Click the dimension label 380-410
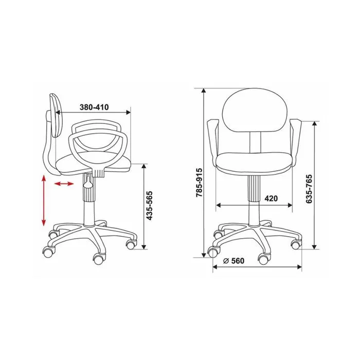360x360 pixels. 94,107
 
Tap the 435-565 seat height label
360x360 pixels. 150,206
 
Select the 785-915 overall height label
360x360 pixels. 199,183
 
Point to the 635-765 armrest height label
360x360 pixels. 309,189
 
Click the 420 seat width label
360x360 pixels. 271,198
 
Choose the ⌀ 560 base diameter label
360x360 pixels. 233,261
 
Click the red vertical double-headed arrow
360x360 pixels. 43,200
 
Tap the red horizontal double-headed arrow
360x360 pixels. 64,184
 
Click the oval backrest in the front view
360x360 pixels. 255,110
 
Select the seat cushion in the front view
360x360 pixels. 255,163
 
